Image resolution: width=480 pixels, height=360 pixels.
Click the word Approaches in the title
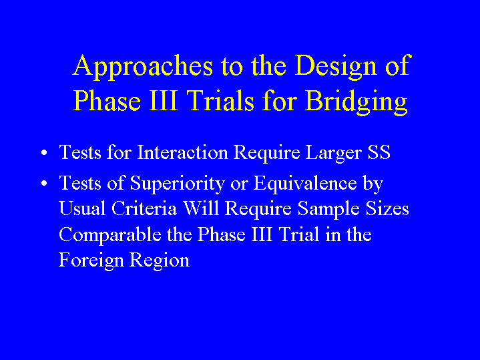pos(143,67)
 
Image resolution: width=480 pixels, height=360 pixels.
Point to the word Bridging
pos(356,103)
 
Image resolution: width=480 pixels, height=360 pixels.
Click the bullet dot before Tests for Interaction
pos(44,152)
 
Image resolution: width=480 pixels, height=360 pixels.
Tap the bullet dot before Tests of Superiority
pos(44,184)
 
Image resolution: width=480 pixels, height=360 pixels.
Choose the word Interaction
pos(182,152)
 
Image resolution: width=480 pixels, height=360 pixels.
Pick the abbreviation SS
pos(379,152)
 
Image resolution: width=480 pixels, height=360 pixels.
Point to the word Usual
pos(82,208)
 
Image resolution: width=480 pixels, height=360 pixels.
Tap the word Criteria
pos(144,208)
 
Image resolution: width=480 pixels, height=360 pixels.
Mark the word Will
pos(201,208)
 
